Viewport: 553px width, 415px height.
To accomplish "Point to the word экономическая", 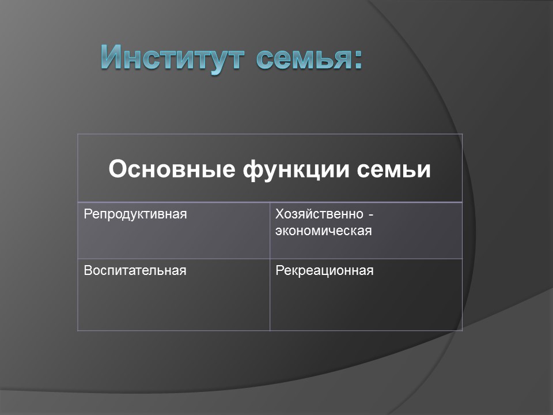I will click(x=323, y=231).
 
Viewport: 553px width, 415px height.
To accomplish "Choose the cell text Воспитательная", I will click(x=135, y=270).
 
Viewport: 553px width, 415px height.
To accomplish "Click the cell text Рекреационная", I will click(x=324, y=270).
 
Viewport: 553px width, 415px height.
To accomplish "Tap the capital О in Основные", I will click(x=117, y=169).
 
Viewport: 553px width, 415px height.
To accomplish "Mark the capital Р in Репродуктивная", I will click(x=88, y=214).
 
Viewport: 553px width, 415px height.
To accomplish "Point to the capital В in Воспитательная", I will click(x=88, y=270).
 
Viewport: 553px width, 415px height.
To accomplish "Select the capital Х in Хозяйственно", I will click(x=279, y=214).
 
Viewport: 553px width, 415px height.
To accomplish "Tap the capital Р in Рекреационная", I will click(x=279, y=270).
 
